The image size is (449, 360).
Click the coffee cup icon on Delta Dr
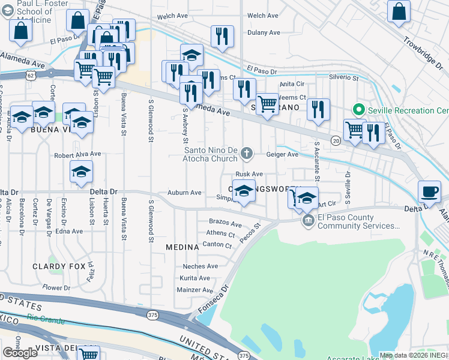click(429, 191)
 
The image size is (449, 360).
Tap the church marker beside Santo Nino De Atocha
click(246, 155)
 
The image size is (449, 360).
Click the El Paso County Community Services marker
click(309, 221)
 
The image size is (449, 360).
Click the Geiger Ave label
click(286, 154)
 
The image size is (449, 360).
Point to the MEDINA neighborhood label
click(182, 247)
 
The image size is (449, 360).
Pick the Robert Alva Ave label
click(77, 154)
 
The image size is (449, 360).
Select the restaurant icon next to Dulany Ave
click(222, 35)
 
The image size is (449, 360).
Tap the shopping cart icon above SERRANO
click(267, 104)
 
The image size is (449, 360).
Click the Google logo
click(20, 353)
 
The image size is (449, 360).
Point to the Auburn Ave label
click(184, 193)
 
